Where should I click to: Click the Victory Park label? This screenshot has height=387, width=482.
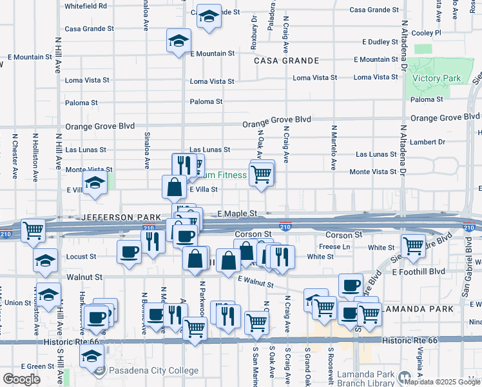(436, 79)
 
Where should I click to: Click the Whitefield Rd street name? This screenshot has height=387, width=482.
(86, 6)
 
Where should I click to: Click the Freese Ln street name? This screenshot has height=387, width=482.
(334, 246)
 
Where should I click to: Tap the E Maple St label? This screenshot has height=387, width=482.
(237, 213)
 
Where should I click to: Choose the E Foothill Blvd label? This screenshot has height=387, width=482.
(419, 272)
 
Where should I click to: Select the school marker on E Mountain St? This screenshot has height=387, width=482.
(177, 41)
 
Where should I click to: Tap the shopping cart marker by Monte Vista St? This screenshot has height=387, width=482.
(260, 174)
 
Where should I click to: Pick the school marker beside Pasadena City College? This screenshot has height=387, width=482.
(92, 355)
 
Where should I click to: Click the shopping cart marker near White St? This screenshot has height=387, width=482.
(412, 245)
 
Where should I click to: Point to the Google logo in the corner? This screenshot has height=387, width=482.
(22, 379)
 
